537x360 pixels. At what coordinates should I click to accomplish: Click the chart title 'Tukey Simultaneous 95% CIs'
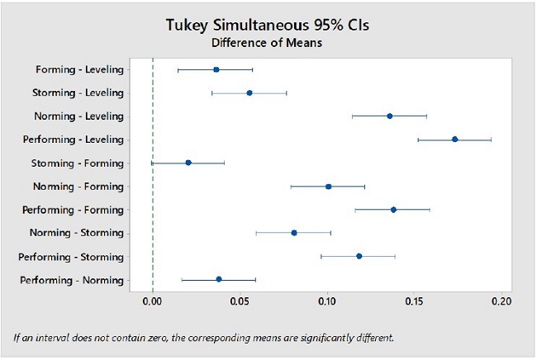(268, 25)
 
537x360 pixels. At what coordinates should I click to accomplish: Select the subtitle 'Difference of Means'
(268, 42)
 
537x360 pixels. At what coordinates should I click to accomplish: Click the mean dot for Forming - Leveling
(216, 70)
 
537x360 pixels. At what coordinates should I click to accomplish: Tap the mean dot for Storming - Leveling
(249, 93)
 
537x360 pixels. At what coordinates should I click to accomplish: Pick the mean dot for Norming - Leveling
(390, 116)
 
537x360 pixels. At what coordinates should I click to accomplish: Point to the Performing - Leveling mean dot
(455, 140)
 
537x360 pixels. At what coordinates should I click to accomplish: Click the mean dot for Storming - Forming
(188, 163)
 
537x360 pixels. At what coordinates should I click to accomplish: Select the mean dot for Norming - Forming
(329, 187)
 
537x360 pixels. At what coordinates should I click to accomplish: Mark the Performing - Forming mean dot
(393, 210)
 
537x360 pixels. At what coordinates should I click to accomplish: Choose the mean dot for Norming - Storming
(294, 233)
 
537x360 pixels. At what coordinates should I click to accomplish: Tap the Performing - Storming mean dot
(359, 256)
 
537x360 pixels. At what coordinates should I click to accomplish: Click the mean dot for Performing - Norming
(219, 279)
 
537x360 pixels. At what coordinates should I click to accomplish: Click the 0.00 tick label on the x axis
(153, 302)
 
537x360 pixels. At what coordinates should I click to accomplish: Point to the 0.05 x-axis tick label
(240, 302)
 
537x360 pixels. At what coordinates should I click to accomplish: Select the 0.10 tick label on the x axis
(328, 302)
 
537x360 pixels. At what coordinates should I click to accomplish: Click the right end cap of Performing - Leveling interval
(491, 140)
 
